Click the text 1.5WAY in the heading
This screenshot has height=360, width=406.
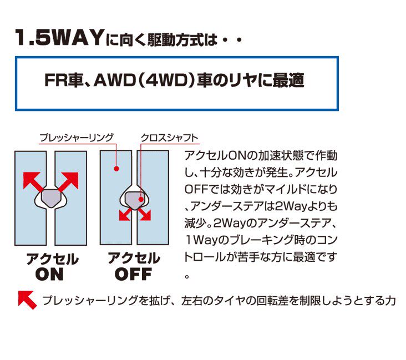(59, 38)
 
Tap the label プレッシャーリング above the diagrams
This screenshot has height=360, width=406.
(77, 137)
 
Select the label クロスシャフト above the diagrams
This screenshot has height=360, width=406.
(170, 138)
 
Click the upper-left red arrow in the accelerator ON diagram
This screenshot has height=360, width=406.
(33, 181)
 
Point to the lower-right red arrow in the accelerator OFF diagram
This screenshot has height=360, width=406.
(144, 214)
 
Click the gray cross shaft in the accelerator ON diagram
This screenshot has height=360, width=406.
(51, 198)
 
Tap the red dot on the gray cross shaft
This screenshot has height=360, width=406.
(141, 199)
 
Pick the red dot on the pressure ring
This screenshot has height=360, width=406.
(116, 169)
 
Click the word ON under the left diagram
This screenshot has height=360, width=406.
(49, 275)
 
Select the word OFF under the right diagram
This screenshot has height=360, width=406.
(133, 275)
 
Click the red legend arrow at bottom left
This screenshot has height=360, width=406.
(27, 300)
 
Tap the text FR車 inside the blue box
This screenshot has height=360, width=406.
(60, 80)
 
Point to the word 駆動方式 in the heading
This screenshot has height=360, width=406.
(175, 40)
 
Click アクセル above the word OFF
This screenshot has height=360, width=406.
(134, 258)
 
